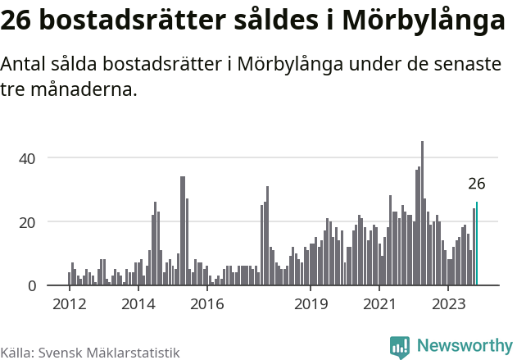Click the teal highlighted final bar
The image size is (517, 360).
[x=477, y=244]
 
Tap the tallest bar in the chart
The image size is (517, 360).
[x=422, y=214]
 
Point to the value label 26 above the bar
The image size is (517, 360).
[x=477, y=184]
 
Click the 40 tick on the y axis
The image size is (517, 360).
[x=29, y=157]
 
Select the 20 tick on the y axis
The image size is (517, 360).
[x=29, y=221]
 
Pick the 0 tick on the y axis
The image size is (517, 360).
[x=33, y=285]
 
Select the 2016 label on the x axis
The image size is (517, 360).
[x=206, y=305]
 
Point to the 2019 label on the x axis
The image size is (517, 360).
[x=311, y=305]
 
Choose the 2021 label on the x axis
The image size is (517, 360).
[x=379, y=305]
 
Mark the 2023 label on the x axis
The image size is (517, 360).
[x=448, y=305]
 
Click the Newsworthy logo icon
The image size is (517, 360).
[x=400, y=347]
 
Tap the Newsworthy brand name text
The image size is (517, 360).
[x=464, y=347]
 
